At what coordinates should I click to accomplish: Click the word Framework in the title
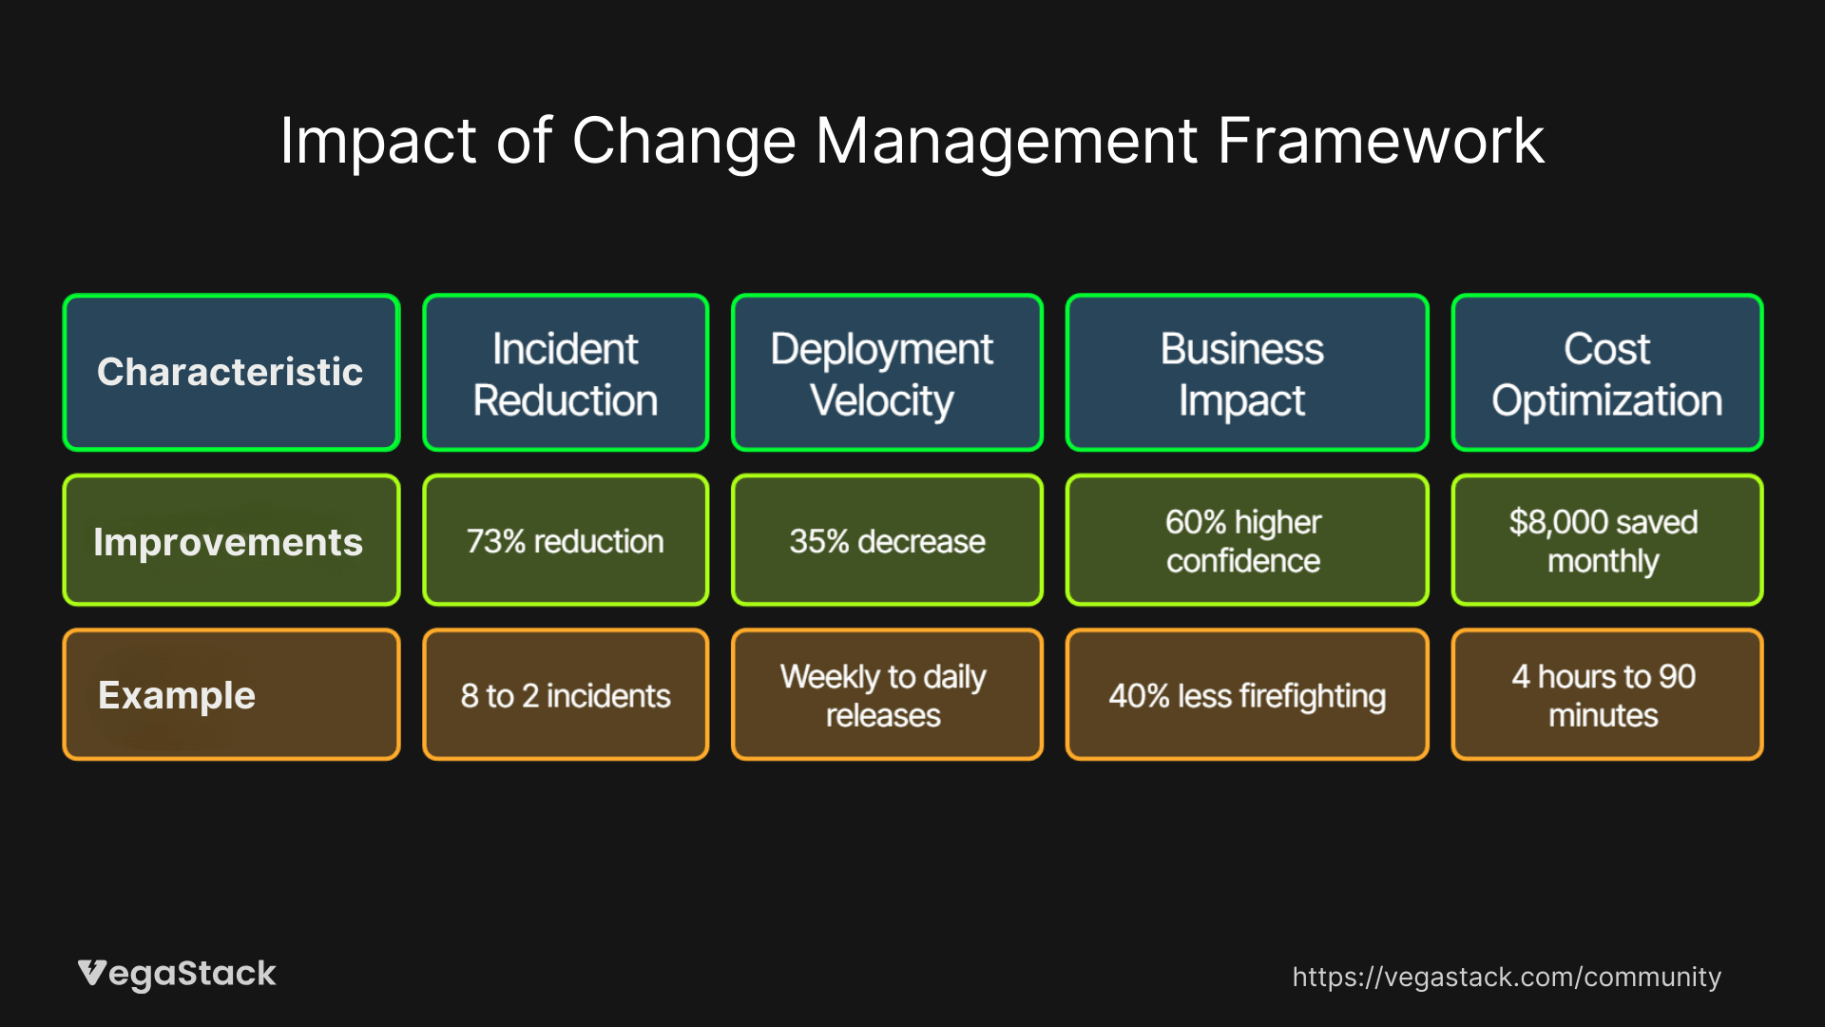(1380, 141)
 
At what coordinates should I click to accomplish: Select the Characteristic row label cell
(231, 372)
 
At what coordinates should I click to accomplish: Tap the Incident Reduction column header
(566, 372)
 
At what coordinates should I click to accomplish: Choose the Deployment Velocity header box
(886, 372)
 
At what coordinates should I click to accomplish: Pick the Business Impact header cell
(1246, 372)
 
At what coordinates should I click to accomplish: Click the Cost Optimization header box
(1606, 372)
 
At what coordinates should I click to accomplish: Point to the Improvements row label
(231, 540)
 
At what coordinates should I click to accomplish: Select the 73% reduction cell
(566, 540)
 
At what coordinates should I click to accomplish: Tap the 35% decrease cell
(886, 540)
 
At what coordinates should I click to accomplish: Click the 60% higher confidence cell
(1246, 540)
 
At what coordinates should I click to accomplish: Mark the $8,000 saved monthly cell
(1606, 540)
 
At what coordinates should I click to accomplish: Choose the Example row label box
(231, 694)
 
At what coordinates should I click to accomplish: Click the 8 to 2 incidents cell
(566, 694)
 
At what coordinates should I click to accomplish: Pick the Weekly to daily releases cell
(886, 694)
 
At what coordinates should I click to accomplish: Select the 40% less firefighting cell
(1246, 694)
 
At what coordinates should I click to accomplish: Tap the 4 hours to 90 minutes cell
(1606, 694)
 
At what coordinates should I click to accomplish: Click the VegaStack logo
(177, 974)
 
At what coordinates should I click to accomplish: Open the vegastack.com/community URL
(1506, 977)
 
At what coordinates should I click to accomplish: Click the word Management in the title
(1006, 141)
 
